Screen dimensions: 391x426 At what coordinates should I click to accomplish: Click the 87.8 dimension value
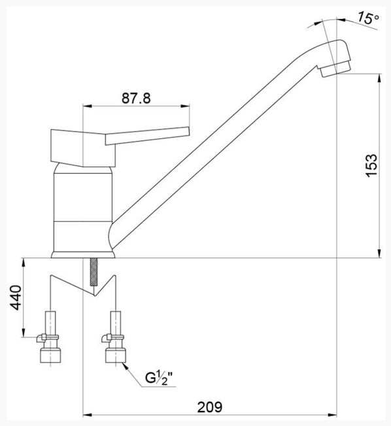coord(136,98)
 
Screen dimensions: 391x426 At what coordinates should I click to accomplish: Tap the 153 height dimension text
coord(371,166)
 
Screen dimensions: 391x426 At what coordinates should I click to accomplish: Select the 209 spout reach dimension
coord(210,407)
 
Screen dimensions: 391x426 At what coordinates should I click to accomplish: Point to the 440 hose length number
coord(16,297)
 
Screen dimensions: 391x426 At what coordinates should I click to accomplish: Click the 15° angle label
coord(368,18)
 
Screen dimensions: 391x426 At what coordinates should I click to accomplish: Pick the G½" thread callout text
coord(159,378)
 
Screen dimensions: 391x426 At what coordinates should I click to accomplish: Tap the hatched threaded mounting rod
coord(93,271)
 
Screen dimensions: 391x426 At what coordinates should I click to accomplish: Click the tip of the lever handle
coord(188,130)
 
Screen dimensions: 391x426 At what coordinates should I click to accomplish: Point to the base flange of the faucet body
coord(83,254)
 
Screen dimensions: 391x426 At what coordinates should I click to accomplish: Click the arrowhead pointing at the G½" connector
coord(126,366)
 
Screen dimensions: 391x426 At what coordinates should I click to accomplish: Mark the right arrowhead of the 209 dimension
coord(332,415)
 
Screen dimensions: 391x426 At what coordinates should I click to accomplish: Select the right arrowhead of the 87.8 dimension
coord(185,106)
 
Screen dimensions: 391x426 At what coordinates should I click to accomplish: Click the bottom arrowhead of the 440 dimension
coord(24,333)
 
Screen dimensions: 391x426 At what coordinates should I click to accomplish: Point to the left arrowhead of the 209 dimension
coord(87,415)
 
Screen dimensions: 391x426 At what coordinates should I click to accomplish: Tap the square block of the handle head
coord(83,148)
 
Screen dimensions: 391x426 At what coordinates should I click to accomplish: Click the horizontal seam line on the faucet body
coord(83,221)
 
